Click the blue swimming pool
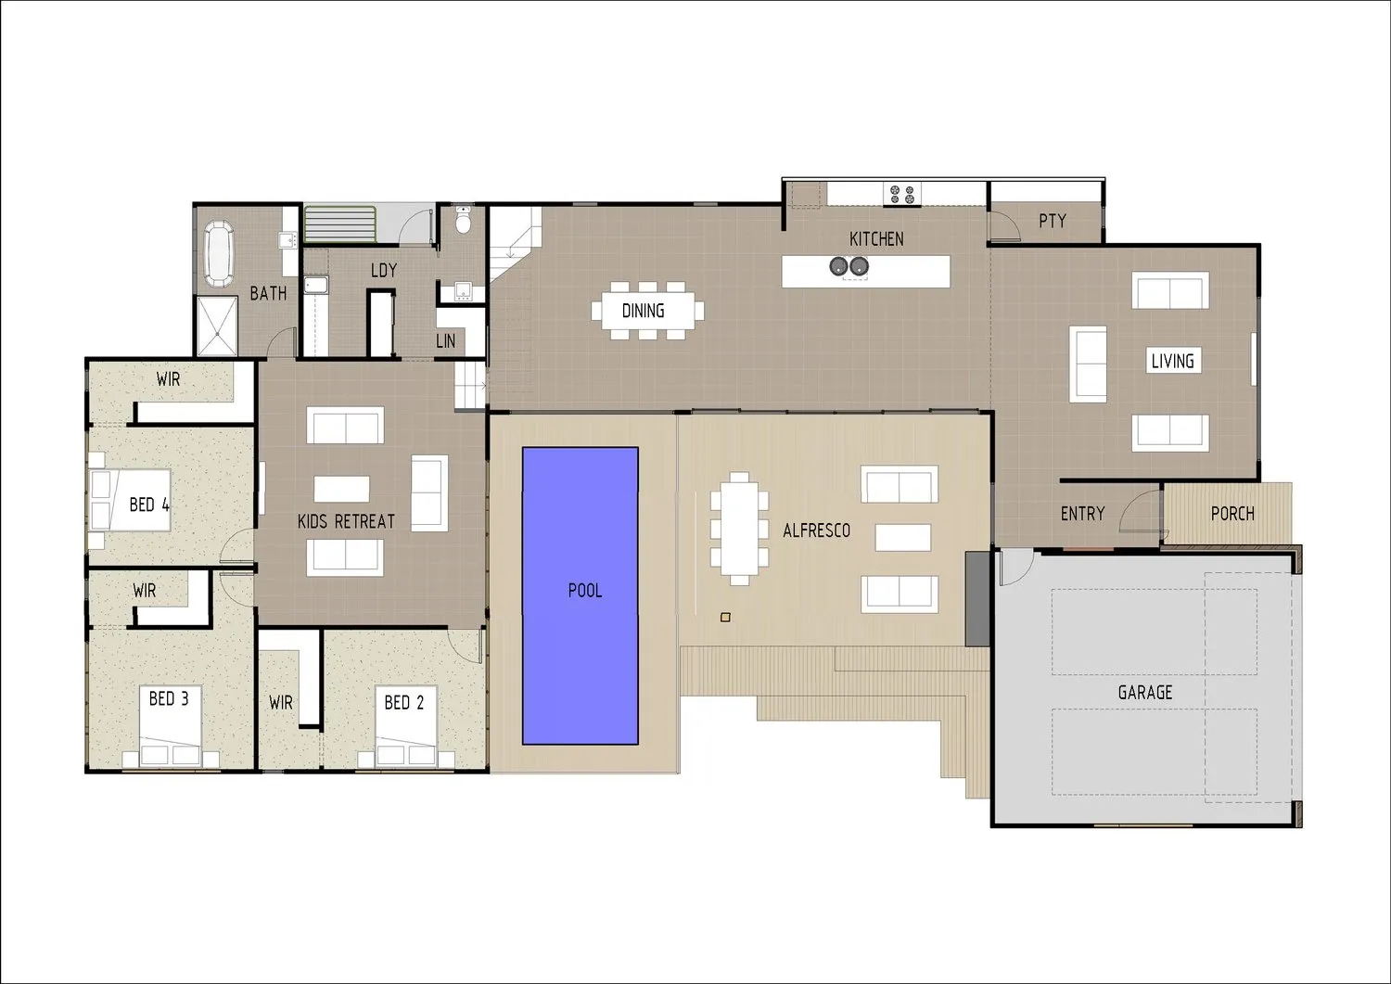580,595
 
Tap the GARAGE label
1145,692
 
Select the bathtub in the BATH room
219,253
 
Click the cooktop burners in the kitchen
901,195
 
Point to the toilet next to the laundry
463,220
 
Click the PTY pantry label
1053,221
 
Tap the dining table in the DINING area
647,311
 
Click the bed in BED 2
405,725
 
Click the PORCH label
1232,514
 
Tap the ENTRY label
1082,514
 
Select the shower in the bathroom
217,326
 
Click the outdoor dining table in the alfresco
739,529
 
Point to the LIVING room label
1172,361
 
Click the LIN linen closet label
445,340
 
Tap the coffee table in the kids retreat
341,489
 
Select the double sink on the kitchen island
849,266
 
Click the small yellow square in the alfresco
725,617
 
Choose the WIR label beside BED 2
281,703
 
